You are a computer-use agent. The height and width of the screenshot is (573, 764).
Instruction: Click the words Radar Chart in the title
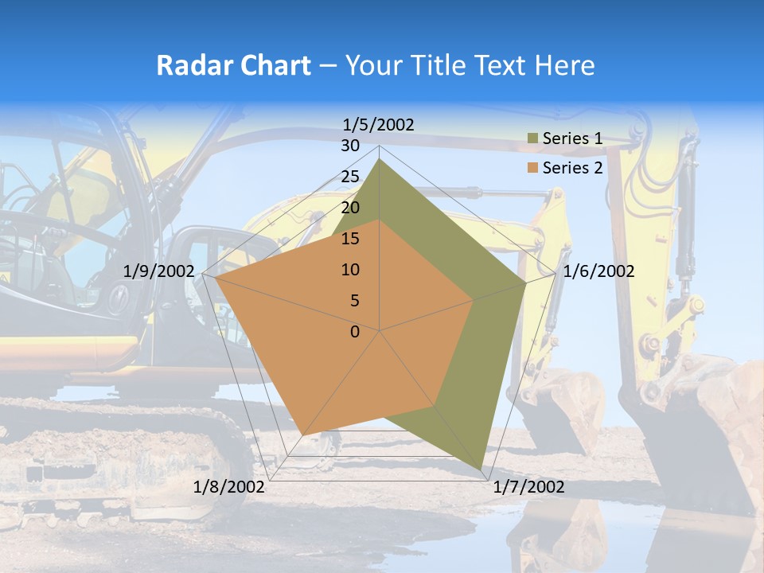pyautogui.click(x=232, y=65)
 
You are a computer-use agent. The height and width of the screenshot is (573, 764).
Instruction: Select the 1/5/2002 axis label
pyautogui.click(x=378, y=125)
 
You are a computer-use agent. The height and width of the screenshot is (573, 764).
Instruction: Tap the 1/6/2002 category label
pyautogui.click(x=598, y=271)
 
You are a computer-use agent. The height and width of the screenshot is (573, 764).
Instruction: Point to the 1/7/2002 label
pyautogui.click(x=528, y=487)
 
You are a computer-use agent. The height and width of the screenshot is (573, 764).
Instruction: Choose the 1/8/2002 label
pyautogui.click(x=229, y=487)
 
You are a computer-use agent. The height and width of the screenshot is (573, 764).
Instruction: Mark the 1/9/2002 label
pyautogui.click(x=159, y=271)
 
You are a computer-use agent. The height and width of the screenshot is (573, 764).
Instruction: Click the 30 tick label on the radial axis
pyautogui.click(x=350, y=146)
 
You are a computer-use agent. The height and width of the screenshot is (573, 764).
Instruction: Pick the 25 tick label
pyautogui.click(x=350, y=177)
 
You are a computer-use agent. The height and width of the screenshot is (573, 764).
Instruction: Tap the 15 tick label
pyautogui.click(x=350, y=239)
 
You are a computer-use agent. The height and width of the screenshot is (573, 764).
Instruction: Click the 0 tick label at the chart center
pyautogui.click(x=355, y=332)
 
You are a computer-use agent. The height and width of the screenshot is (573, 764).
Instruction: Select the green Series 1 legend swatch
pyautogui.click(x=532, y=139)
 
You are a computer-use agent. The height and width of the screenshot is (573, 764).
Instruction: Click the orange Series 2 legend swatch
pyautogui.click(x=532, y=168)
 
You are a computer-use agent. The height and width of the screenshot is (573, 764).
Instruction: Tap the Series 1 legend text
pyautogui.click(x=572, y=138)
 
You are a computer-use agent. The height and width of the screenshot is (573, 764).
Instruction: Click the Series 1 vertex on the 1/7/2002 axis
pyautogui.click(x=482, y=470)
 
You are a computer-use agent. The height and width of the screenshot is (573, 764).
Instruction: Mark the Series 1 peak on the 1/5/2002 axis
pyautogui.click(x=380, y=159)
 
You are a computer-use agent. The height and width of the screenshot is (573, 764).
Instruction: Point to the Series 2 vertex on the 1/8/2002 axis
pyautogui.click(x=305, y=435)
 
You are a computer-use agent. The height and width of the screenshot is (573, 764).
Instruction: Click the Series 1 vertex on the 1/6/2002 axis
pyautogui.click(x=526, y=283)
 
